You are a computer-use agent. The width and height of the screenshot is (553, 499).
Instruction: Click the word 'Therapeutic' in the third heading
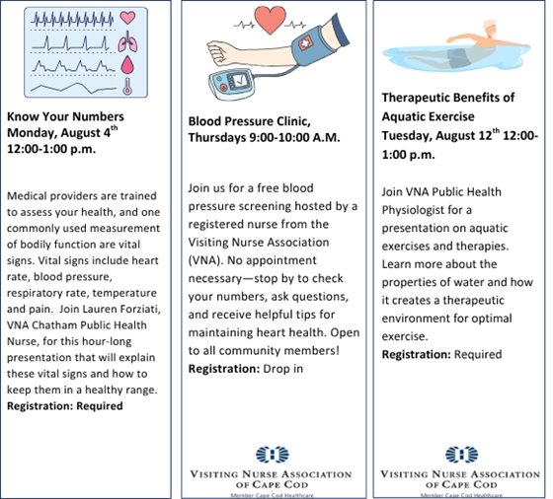(x=421, y=100)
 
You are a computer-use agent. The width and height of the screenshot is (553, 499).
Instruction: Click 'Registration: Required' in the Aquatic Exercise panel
(x=441, y=353)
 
